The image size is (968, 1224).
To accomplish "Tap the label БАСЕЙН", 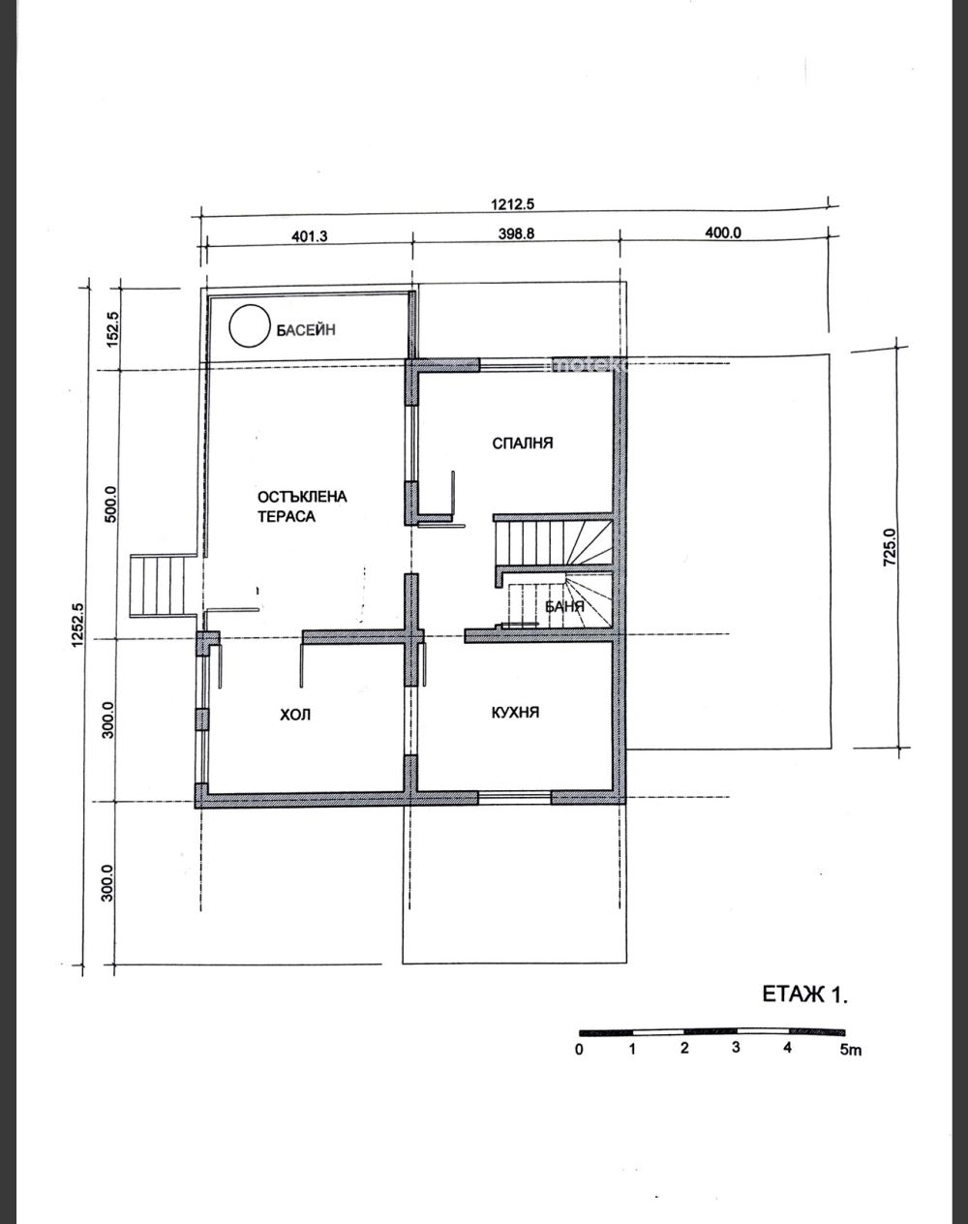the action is (306, 330).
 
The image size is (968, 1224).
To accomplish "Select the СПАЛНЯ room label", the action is (522, 444).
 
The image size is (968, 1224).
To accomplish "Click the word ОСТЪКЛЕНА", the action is (302, 497).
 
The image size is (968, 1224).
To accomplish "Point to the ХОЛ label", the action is (295, 715).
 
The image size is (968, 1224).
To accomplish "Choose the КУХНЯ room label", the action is (515, 712).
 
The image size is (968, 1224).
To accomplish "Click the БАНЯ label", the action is (564, 606).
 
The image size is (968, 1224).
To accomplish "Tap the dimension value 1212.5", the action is (512, 205).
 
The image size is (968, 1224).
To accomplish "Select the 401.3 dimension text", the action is (310, 235).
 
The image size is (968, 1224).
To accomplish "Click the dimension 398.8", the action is (516, 233).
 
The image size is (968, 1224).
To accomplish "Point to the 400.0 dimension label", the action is (723, 232).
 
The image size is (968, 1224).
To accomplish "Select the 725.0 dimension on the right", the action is (889, 546).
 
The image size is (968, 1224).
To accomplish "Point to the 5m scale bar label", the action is (850, 1050).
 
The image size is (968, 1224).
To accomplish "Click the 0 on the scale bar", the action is (579, 1050).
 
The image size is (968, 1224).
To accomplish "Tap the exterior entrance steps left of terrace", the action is (164, 585).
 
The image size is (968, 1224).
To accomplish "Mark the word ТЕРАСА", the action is (287, 516).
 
